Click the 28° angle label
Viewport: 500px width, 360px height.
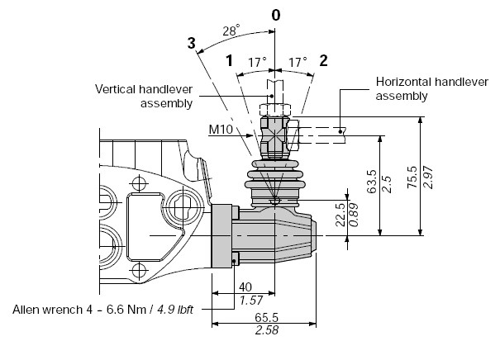(231, 31)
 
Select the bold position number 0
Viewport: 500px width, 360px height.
(276, 15)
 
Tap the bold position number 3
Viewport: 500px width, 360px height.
(192, 43)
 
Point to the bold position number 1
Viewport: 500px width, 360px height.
(229, 60)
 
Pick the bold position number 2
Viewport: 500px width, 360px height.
(323, 60)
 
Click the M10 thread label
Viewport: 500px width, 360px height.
(221, 130)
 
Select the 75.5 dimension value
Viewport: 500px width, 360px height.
(412, 178)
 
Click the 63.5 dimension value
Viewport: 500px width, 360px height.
(372, 182)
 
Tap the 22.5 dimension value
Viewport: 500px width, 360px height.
(340, 215)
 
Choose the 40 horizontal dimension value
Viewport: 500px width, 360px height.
(245, 287)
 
